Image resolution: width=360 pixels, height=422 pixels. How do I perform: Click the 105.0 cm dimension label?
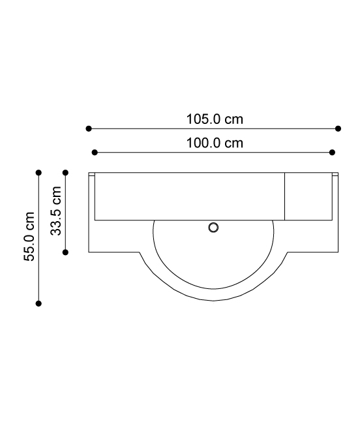pyautogui.click(x=215, y=119)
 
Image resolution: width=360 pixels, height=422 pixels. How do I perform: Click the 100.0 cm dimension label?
pyautogui.click(x=215, y=143)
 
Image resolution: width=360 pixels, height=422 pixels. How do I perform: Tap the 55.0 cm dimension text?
pyautogui.click(x=29, y=236)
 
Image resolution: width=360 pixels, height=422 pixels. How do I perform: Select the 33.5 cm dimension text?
pyautogui.click(x=56, y=211)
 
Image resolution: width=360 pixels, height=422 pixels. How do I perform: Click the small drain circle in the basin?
pyautogui.click(x=213, y=228)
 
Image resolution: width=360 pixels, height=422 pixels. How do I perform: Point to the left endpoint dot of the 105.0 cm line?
pyautogui.click(x=89, y=128)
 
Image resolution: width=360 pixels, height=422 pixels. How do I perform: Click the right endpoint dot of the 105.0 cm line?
pyautogui.click(x=338, y=128)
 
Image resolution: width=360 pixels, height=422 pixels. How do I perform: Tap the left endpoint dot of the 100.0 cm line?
pyautogui.click(x=95, y=153)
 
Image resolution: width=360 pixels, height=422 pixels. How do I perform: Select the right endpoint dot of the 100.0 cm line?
pyautogui.click(x=333, y=153)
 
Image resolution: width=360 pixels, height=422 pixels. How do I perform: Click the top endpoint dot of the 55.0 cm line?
pyautogui.click(x=38, y=172)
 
